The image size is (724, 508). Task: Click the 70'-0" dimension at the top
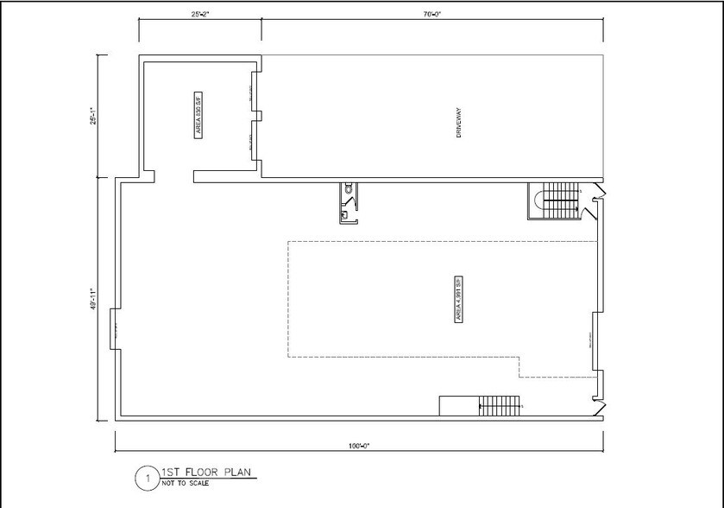click(x=434, y=14)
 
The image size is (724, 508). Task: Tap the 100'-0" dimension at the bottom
click(x=358, y=445)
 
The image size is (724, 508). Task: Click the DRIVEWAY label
click(x=460, y=125)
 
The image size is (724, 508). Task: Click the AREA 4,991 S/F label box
click(x=458, y=300)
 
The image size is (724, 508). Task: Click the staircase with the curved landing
click(x=552, y=202)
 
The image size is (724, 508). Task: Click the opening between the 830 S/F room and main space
click(x=175, y=176)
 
